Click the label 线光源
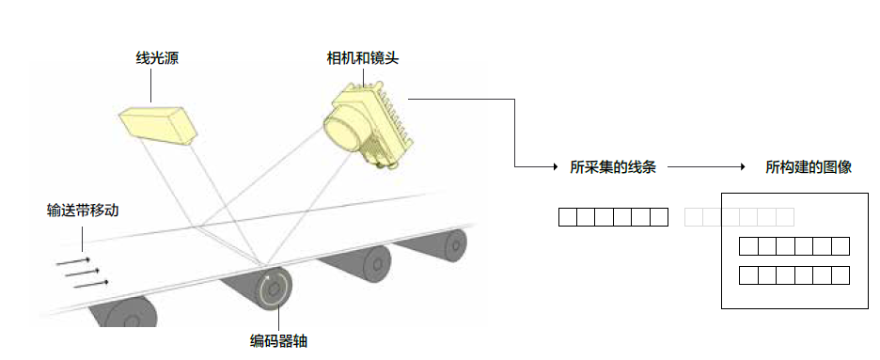click(157, 58)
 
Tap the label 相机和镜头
click(363, 58)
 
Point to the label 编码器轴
click(278, 341)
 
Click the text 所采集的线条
click(613, 167)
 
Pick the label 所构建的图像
click(809, 167)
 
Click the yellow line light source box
click(158, 124)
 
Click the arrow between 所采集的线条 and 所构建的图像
click(710, 167)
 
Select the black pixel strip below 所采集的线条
click(613, 217)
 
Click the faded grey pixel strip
click(739, 217)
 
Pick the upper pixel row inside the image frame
click(794, 247)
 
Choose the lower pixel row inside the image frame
click(794, 275)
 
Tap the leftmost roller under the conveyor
click(122, 313)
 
